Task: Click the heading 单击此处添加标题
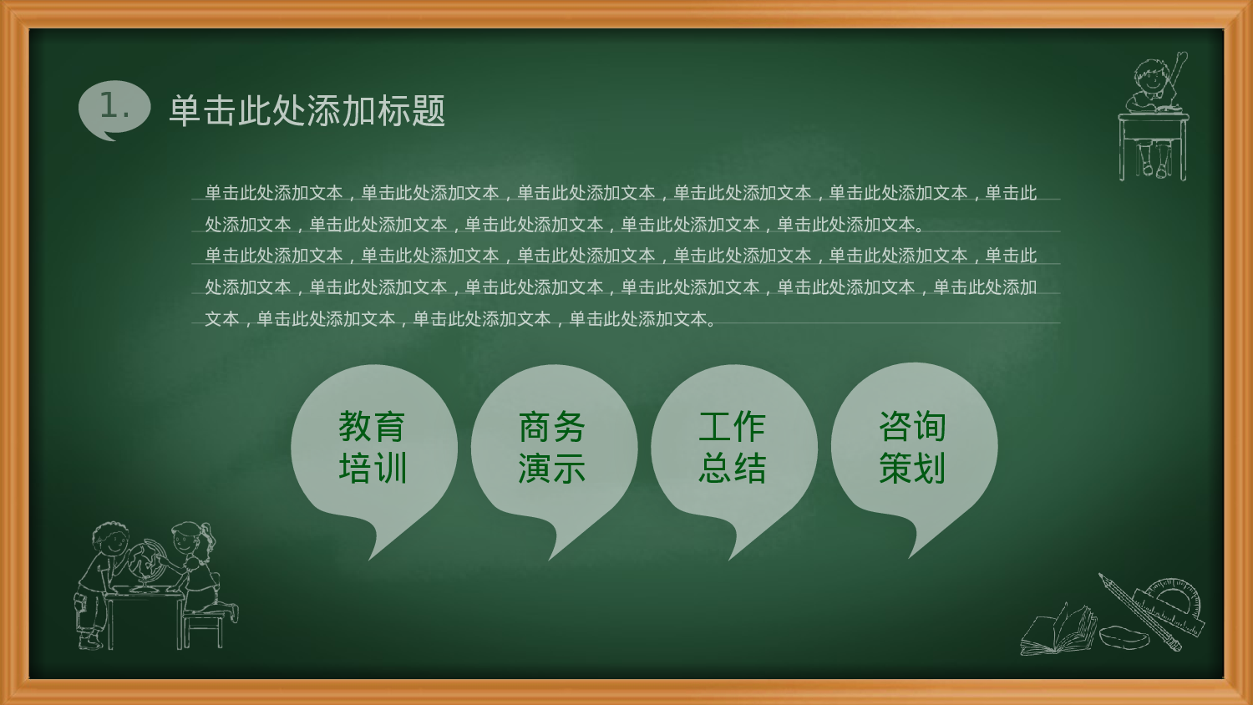coord(307,111)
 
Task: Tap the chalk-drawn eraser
coord(1124,637)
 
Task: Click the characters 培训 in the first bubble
coord(373,469)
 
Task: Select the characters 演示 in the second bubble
coord(552,469)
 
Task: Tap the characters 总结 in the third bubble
coord(733,469)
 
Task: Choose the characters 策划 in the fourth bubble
coord(913,469)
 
